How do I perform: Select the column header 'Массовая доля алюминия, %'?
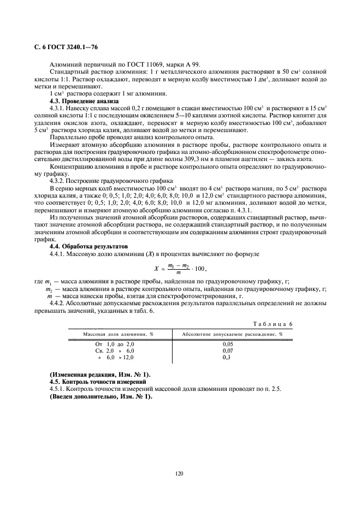coord(118,334)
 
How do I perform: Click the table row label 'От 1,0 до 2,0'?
coord(114,344)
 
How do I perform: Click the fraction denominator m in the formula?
coord(178,273)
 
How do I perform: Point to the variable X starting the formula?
coord(156,269)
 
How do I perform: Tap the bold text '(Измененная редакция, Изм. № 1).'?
coord(99,375)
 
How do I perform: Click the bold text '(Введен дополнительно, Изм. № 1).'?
coord(100,396)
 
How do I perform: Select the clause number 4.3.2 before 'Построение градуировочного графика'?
coord(58,180)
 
